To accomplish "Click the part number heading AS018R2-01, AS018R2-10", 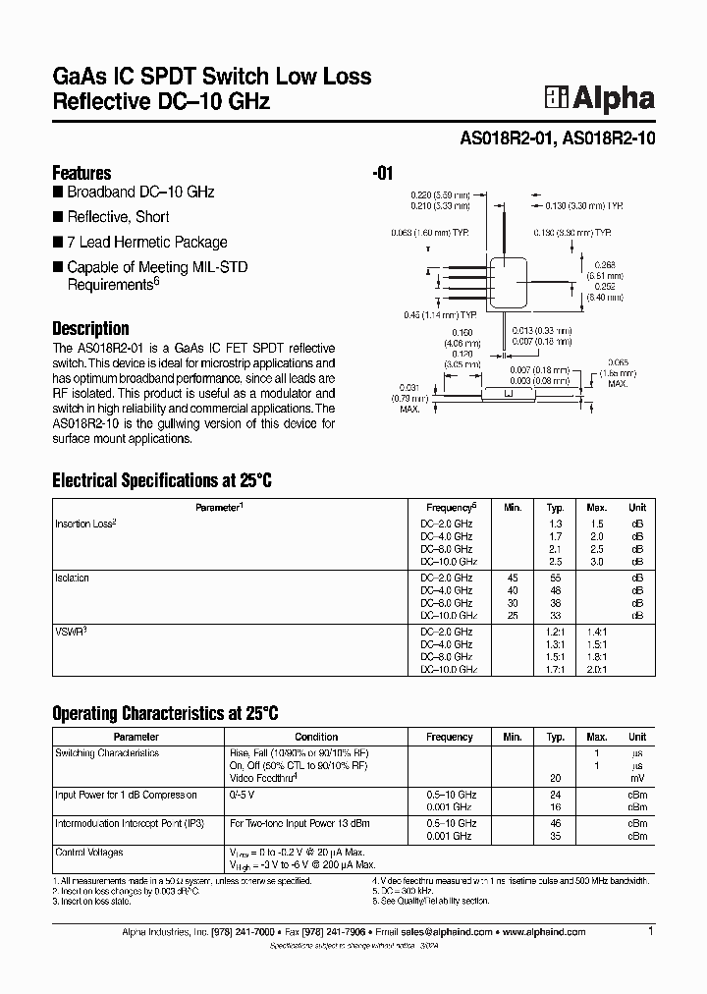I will pyautogui.click(x=558, y=139).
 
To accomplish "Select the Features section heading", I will pyautogui.click(x=82, y=172).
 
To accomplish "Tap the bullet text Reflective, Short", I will pyautogui.click(x=118, y=217).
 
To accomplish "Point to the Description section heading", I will pyautogui.click(x=90, y=328).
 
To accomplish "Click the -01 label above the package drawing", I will pyautogui.click(x=383, y=174).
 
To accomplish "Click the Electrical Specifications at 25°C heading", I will pyautogui.click(x=161, y=481).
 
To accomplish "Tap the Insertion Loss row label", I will pyautogui.click(x=85, y=524).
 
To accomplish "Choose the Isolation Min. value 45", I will pyautogui.click(x=512, y=578).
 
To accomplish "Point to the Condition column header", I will pyautogui.click(x=316, y=737).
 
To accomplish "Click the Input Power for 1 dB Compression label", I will pyautogui.click(x=126, y=795).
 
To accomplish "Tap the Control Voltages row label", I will pyautogui.click(x=90, y=852).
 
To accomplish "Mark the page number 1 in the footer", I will pyautogui.click(x=651, y=930).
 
